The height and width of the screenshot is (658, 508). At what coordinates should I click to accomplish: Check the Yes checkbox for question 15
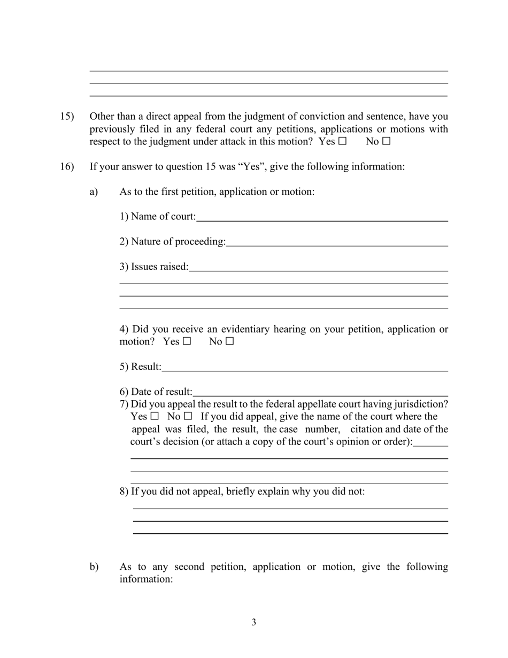[x=343, y=142]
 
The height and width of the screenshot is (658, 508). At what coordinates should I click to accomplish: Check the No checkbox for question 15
[x=387, y=142]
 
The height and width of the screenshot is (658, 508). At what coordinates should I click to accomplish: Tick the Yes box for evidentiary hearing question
[x=187, y=341]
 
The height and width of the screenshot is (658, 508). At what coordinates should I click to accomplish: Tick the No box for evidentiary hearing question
[x=230, y=341]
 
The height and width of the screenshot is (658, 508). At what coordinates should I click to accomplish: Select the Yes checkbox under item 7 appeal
[x=155, y=416]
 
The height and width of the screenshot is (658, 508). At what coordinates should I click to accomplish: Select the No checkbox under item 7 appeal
[x=188, y=416]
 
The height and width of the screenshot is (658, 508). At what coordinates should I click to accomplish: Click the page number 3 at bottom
[x=253, y=622]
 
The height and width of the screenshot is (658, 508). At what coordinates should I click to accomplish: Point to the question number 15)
[x=66, y=117]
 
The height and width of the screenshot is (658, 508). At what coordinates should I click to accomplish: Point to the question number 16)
[x=66, y=166]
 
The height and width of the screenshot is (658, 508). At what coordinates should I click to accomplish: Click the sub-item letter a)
[x=94, y=192]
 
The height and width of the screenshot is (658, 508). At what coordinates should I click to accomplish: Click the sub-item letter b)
[x=94, y=567]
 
